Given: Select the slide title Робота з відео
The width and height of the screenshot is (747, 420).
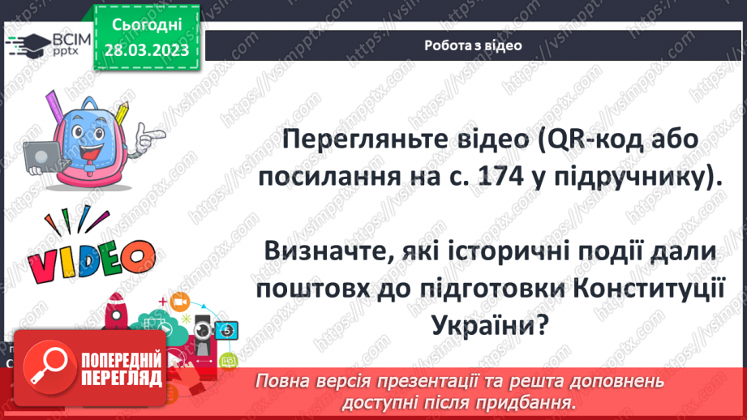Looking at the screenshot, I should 473,45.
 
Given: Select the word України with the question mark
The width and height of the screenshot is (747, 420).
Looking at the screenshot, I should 493,328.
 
